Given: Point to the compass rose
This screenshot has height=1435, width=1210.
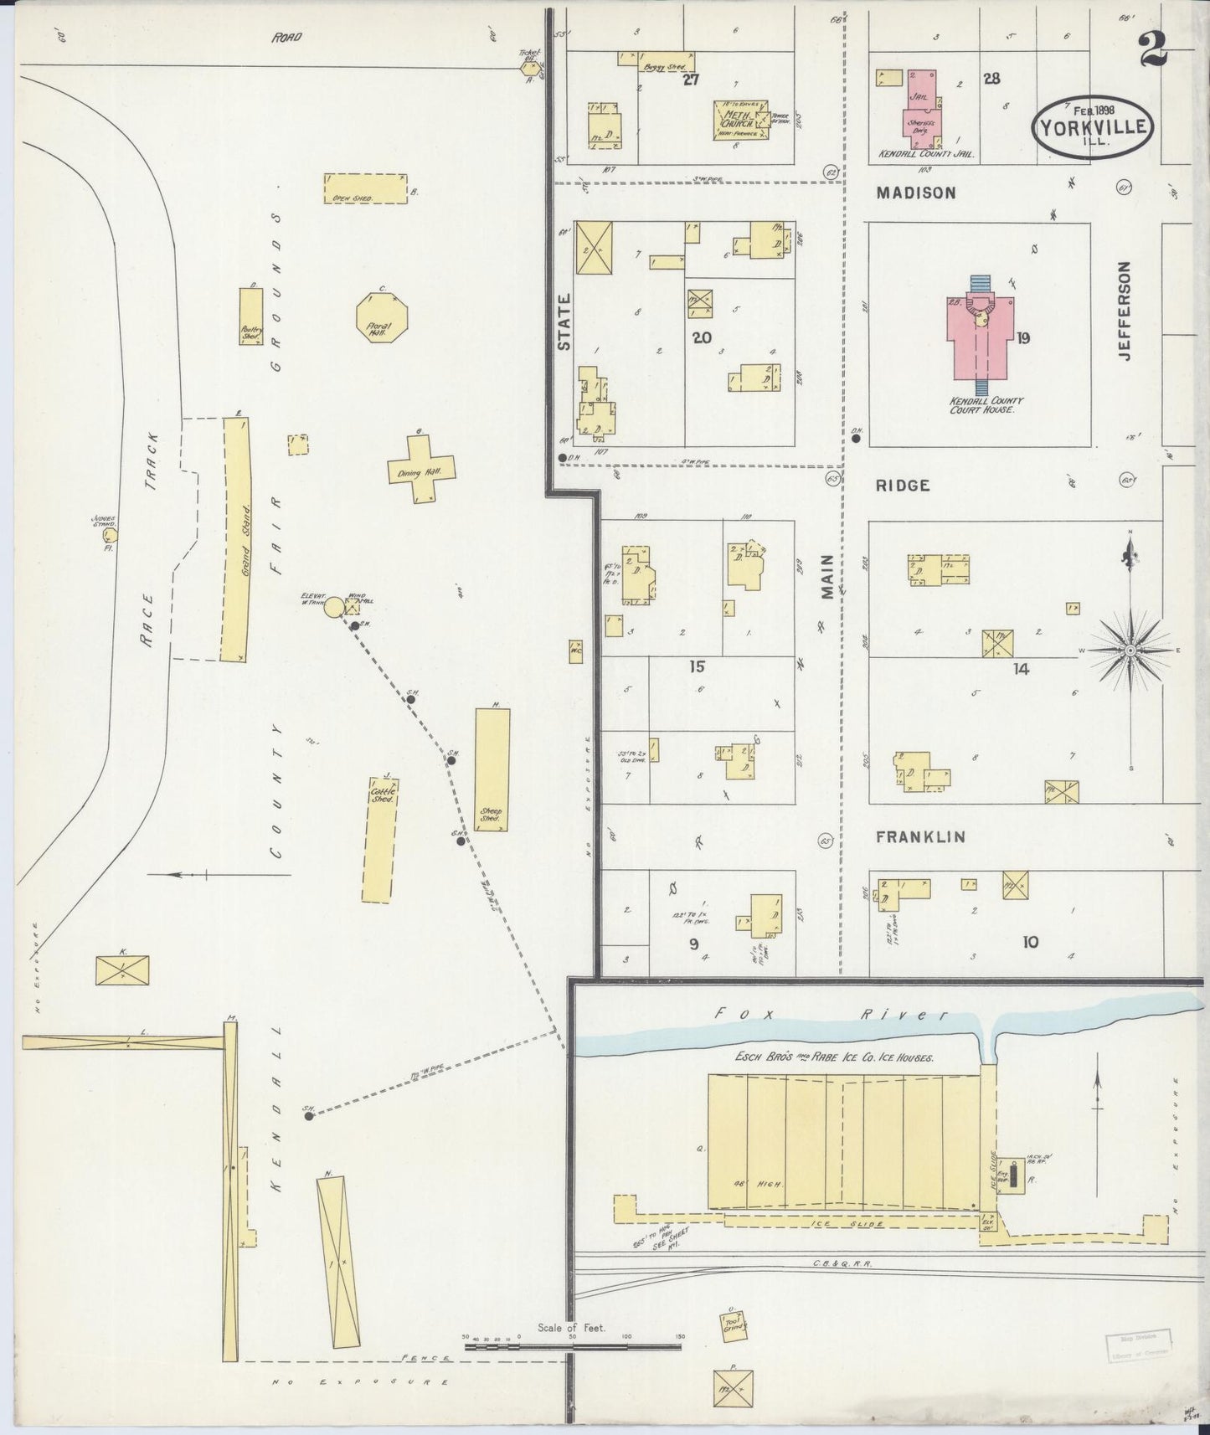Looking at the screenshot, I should (x=1130, y=650).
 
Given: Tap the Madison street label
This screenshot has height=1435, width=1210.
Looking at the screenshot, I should (x=916, y=193).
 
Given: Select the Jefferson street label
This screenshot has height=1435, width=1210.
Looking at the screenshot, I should (x=1124, y=310).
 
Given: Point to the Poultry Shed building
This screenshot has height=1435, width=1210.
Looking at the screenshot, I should (x=251, y=317).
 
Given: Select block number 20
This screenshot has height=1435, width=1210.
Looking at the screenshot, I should (x=701, y=337).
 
